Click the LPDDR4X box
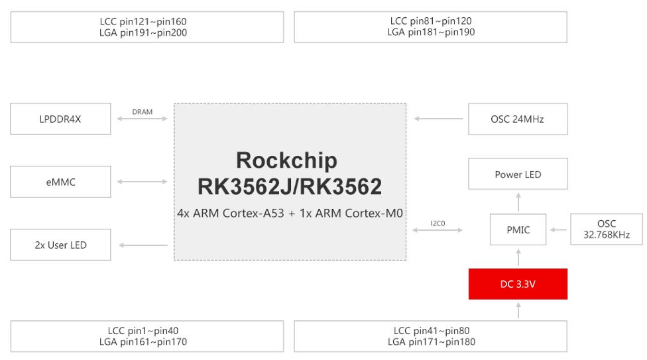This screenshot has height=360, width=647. [x=60, y=119]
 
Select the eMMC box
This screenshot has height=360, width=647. [x=60, y=182]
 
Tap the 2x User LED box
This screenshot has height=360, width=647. [x=60, y=245]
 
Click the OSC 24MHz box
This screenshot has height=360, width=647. [x=517, y=119]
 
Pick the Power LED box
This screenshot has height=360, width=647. [x=518, y=174]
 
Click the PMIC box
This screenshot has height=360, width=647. [x=518, y=230]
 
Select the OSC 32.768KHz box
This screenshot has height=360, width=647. [x=606, y=229]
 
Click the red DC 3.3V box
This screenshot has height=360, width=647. [x=518, y=284]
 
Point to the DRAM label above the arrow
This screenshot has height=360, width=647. [x=143, y=112]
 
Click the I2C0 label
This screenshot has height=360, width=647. [x=438, y=223]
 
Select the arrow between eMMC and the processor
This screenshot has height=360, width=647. [x=143, y=182]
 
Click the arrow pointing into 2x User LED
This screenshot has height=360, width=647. [x=143, y=245]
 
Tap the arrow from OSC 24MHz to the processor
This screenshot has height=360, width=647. [x=438, y=119]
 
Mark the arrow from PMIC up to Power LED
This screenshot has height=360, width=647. [x=518, y=202]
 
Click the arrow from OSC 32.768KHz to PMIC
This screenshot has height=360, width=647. [x=559, y=230]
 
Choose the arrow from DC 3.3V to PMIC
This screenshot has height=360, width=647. [x=518, y=257]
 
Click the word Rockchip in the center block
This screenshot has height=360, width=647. [x=286, y=160]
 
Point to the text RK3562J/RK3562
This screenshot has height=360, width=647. [x=290, y=187]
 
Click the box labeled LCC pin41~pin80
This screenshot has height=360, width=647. [x=430, y=336]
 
